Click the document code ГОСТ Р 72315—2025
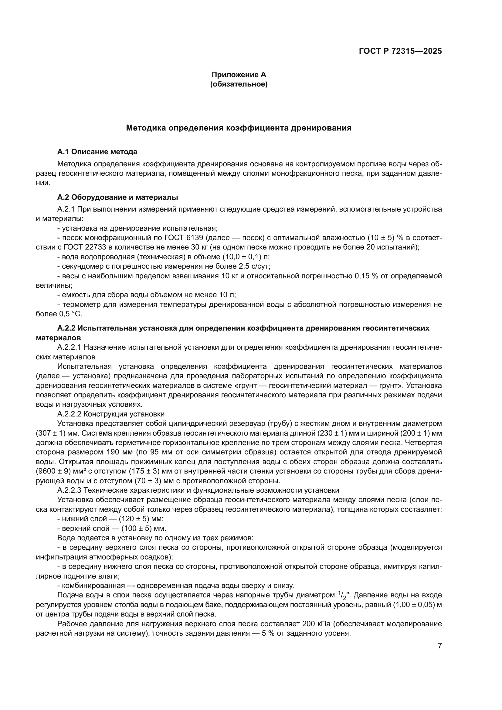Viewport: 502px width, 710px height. click(x=400, y=51)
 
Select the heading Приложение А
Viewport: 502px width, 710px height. click(x=239, y=75)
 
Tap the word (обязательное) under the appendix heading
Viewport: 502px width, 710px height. click(x=239, y=84)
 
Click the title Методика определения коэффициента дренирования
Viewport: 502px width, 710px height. click(x=239, y=128)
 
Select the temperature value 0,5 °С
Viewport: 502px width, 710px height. click(x=71, y=314)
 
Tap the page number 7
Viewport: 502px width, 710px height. click(x=439, y=646)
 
